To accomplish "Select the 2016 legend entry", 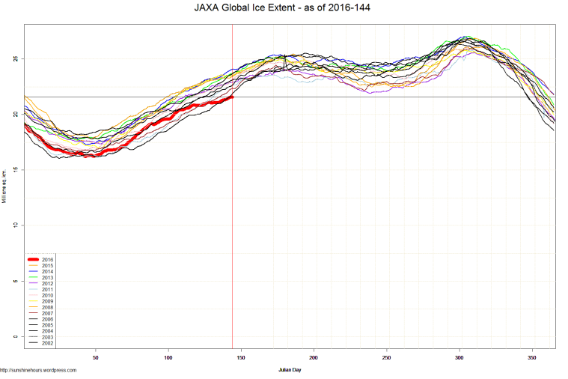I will [x=48, y=259].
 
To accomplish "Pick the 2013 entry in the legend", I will [x=48, y=278].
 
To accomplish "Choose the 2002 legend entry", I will [x=48, y=342].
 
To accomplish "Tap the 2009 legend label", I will [x=48, y=301].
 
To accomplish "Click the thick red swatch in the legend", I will [x=34, y=259].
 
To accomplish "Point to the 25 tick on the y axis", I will [x=16, y=58].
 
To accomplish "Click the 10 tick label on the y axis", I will [x=16, y=225].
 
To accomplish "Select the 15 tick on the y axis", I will [x=16, y=170].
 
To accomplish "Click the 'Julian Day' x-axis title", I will [x=290, y=370].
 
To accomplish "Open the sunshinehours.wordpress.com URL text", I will [x=38, y=370].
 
